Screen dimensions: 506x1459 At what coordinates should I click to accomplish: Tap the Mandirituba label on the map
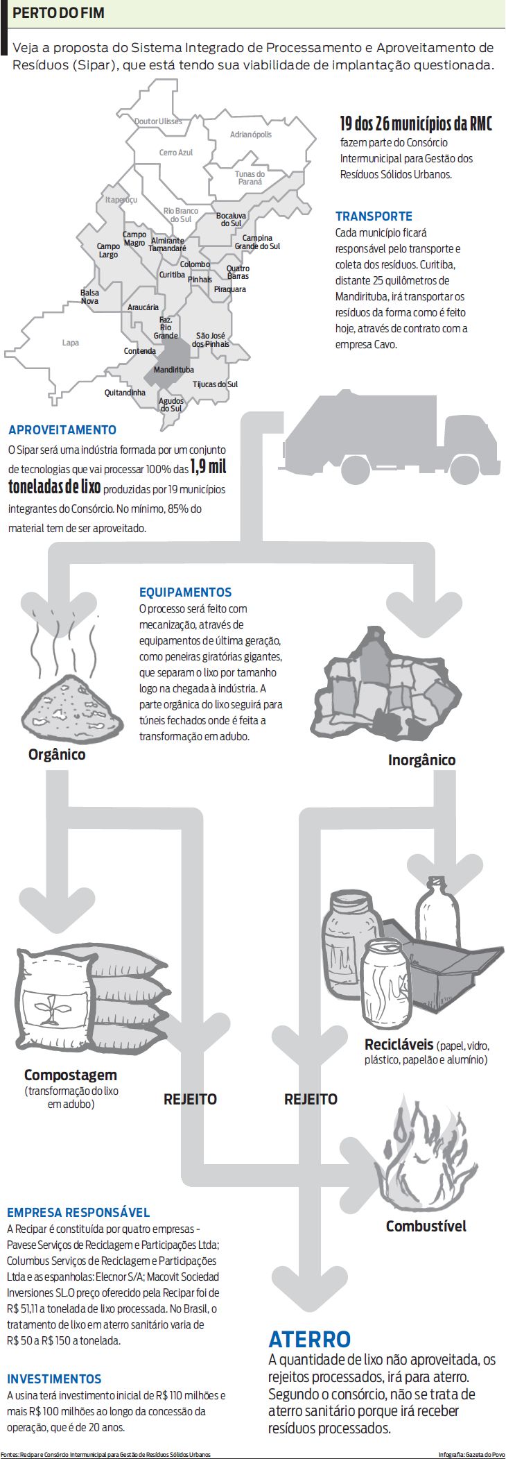coord(173,370)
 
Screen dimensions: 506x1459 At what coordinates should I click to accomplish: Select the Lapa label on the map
coord(71,343)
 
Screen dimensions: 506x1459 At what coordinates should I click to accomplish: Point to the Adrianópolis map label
coord(251,135)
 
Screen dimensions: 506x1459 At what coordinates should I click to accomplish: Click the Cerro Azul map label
coord(176,153)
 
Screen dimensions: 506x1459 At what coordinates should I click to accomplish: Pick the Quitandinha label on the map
coord(125,393)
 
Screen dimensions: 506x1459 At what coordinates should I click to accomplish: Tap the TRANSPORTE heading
coord(374,216)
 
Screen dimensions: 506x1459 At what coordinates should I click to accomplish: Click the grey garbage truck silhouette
coord(392,434)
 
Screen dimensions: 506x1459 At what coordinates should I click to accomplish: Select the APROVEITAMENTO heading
coord(62,430)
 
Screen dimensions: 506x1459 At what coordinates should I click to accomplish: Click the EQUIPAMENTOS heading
coord(186,592)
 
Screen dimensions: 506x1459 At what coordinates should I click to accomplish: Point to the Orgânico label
coord(57,755)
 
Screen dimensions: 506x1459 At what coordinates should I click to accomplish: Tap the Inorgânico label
coord(421,760)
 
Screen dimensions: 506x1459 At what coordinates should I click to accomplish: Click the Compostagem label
coord(71,1075)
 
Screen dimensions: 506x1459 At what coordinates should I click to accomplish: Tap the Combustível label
coord(426,1226)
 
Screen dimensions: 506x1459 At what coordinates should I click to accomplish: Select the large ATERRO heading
coord(310,1339)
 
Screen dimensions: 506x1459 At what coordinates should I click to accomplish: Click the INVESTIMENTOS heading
coord(54,1379)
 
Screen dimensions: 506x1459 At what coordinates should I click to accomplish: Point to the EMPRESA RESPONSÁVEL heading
coord(78,1213)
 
